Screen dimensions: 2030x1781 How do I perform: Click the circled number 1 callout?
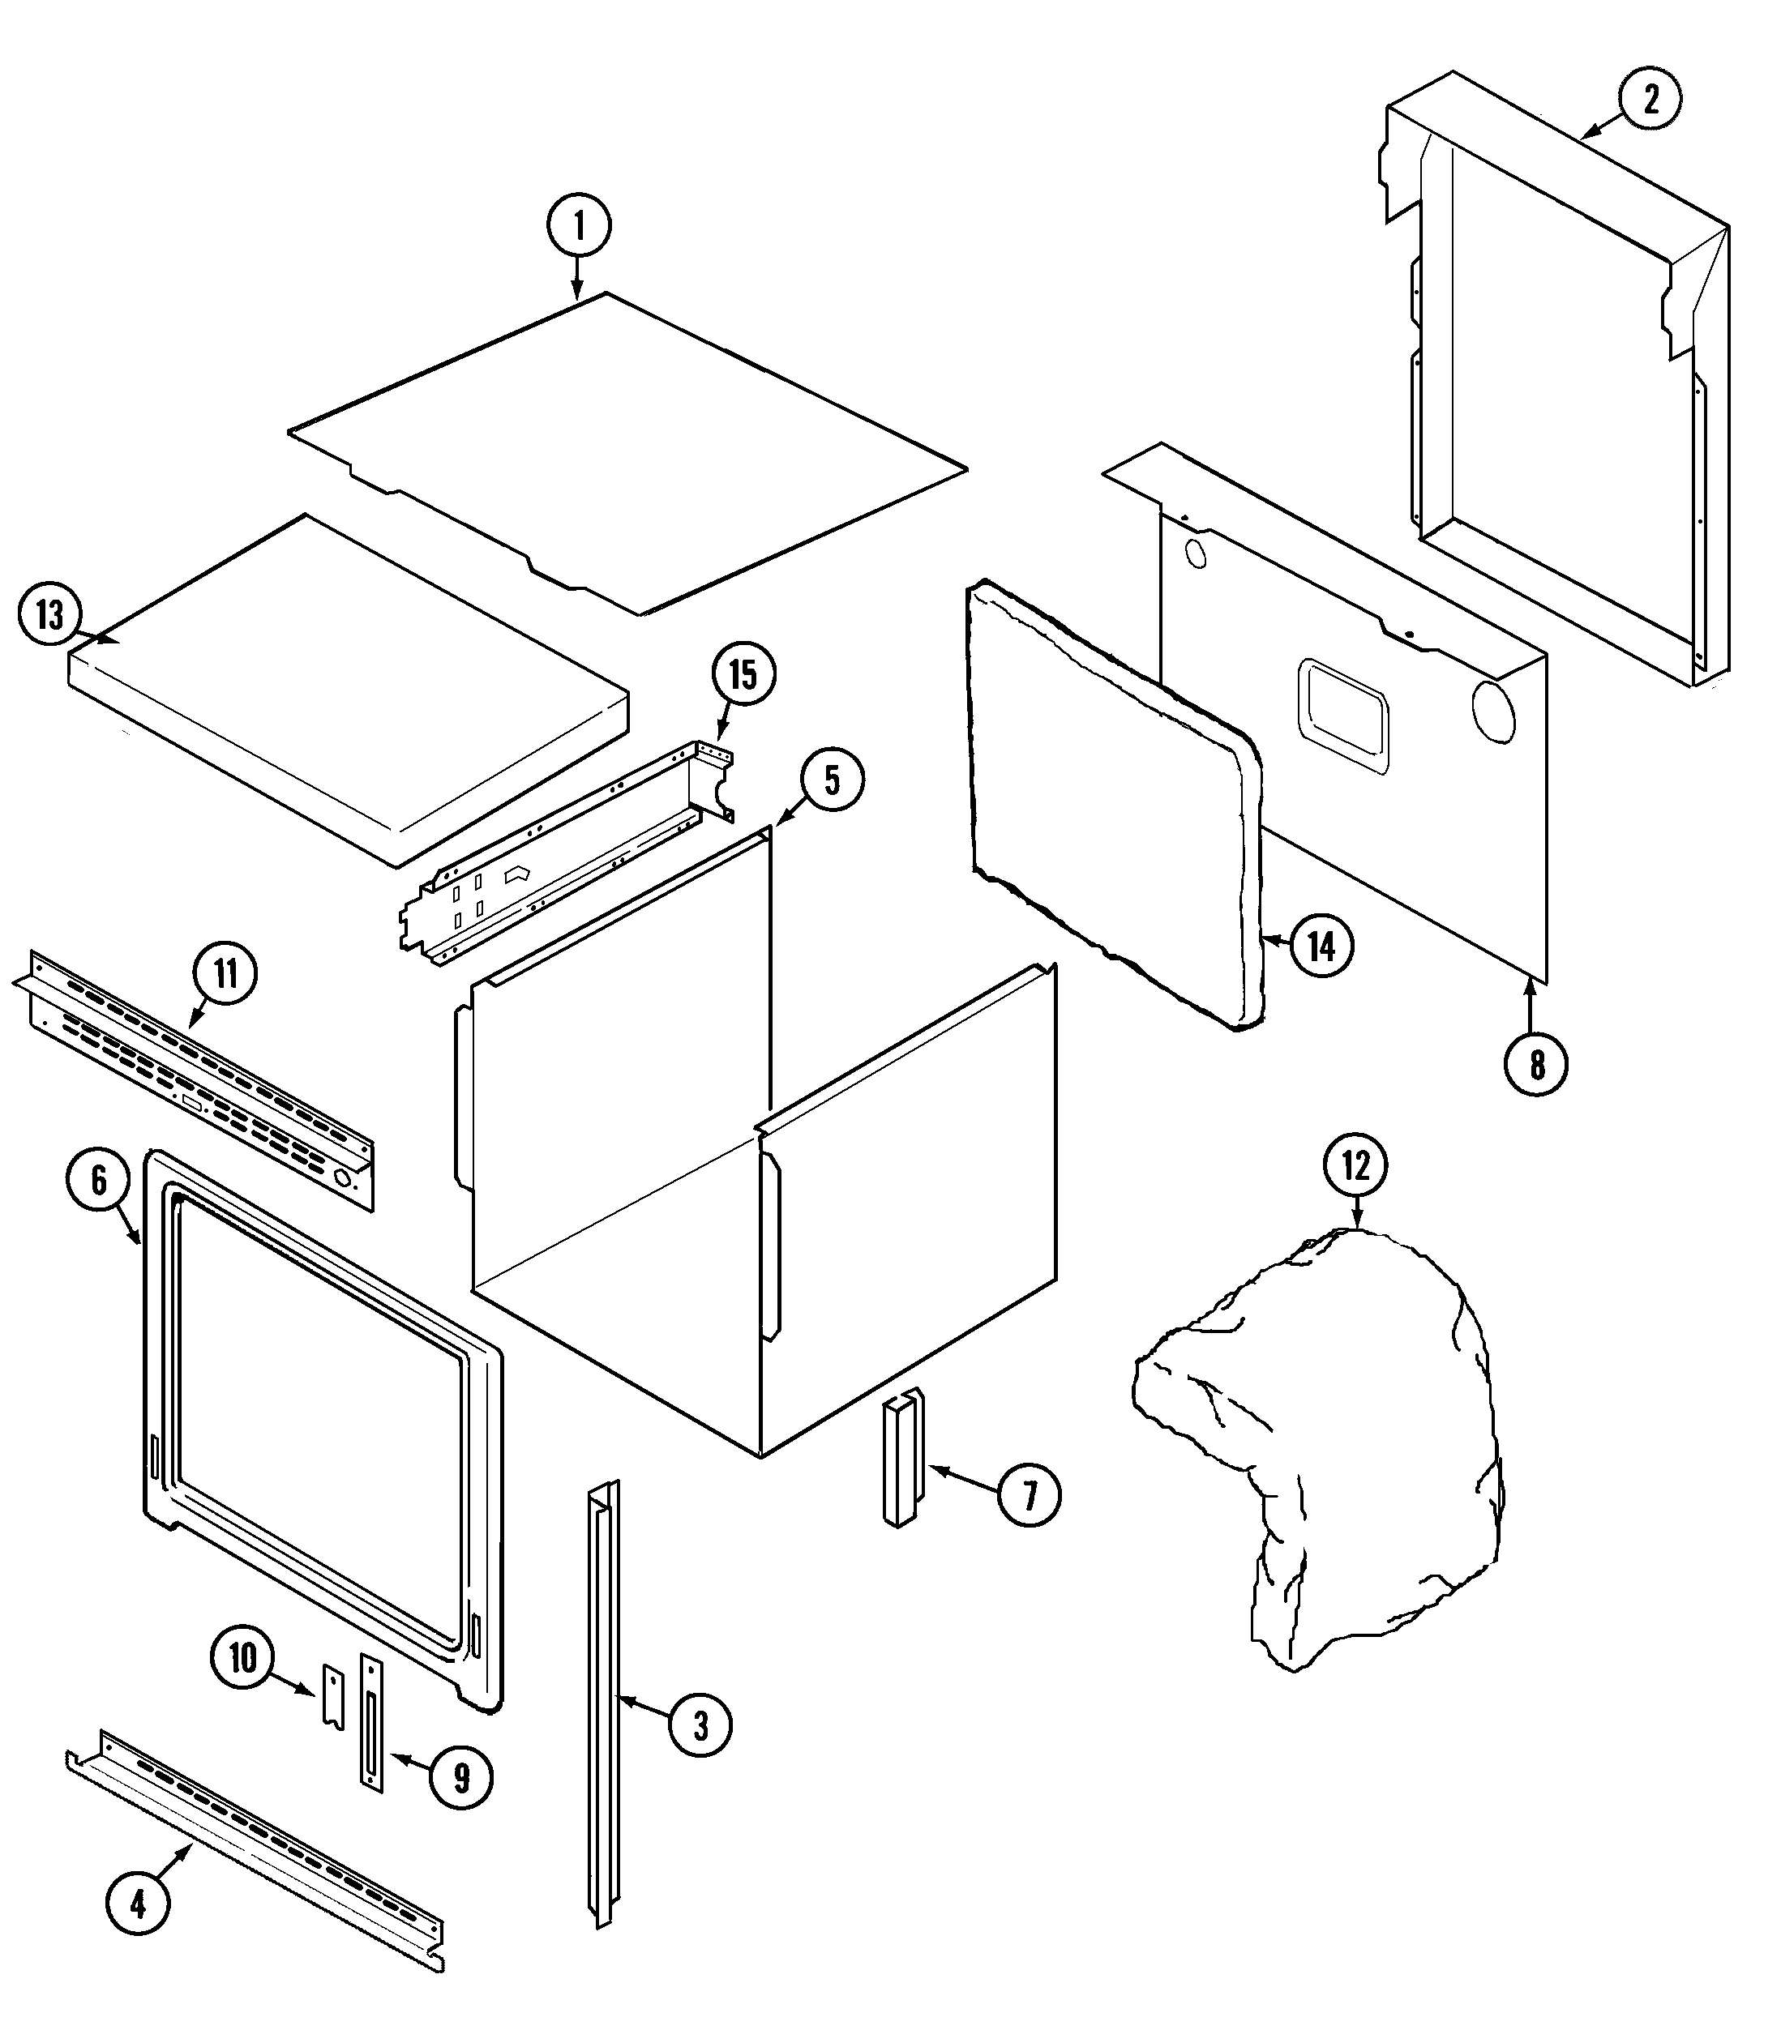[x=578, y=225]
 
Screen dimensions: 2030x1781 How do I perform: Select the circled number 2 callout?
[x=1650, y=100]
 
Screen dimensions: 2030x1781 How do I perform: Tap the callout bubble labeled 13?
[x=49, y=616]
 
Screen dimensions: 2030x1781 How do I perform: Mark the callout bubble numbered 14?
[x=1320, y=946]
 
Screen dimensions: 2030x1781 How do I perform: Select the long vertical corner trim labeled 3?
[x=603, y=1708]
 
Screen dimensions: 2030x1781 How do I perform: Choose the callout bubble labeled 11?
[x=225, y=973]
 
